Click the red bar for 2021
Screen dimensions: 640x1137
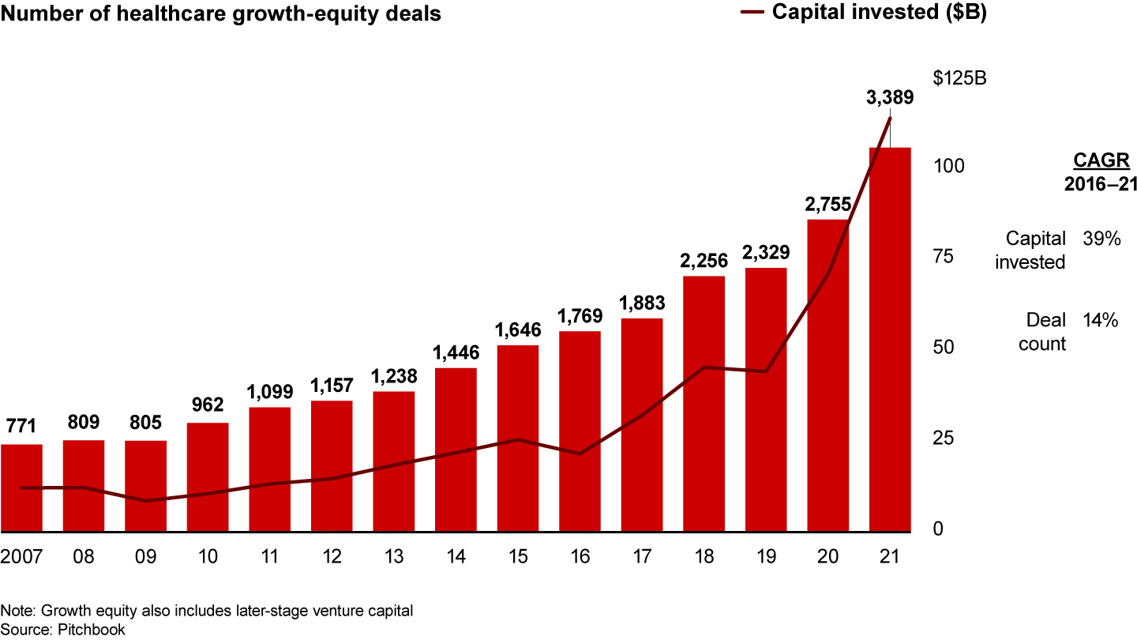point(890,340)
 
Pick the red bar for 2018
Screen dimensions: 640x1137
point(704,404)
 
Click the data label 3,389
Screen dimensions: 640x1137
point(890,99)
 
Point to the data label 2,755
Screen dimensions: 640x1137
point(828,204)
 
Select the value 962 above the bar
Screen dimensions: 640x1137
point(208,405)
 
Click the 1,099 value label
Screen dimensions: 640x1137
point(269,391)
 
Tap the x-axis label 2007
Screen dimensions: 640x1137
point(21,556)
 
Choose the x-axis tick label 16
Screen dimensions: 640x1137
point(580,556)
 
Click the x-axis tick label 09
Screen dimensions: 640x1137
point(145,556)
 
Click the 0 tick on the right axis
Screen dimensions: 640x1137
point(937,529)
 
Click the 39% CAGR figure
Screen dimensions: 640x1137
point(1102,239)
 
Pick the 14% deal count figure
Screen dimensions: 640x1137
point(1101,321)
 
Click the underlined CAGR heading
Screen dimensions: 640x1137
point(1101,161)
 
